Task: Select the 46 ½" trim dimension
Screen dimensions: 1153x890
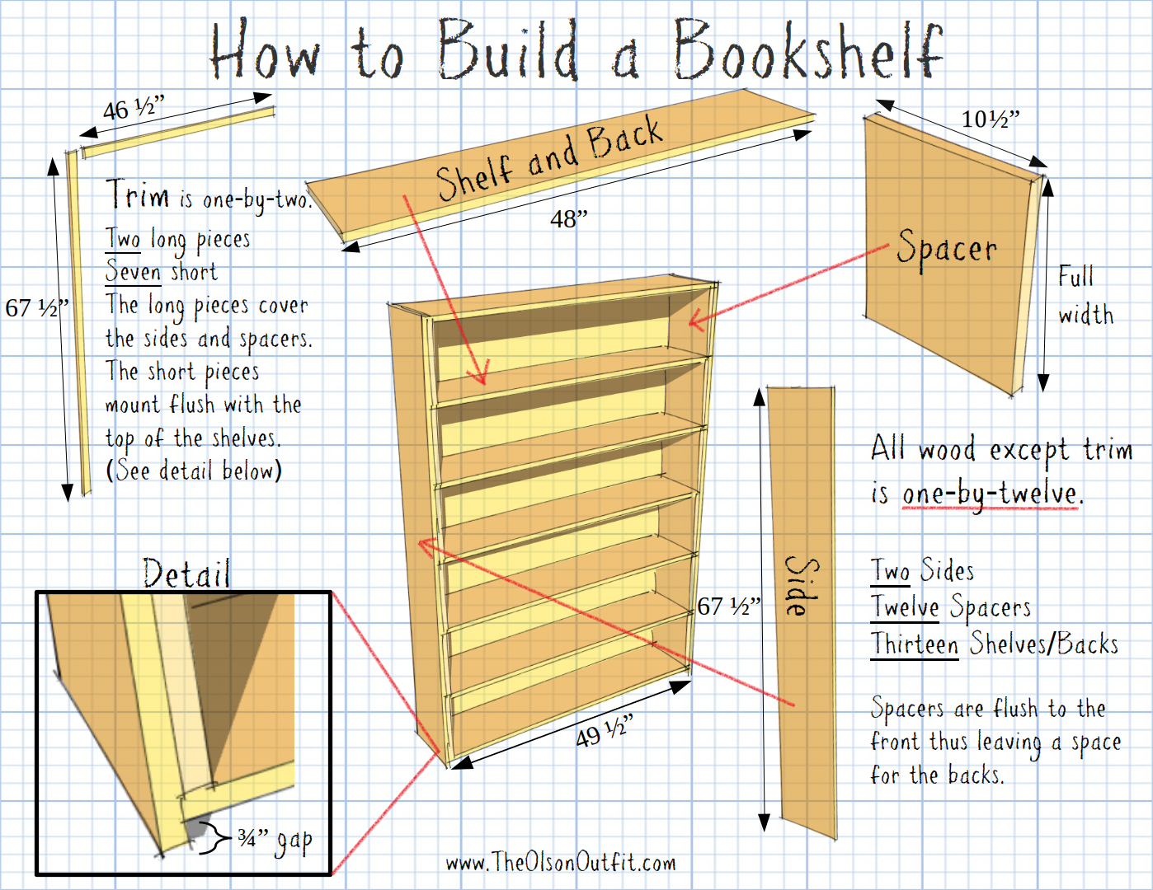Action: click(134, 108)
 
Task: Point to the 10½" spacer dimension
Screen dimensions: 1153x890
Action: click(991, 119)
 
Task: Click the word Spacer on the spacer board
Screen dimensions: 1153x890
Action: click(947, 249)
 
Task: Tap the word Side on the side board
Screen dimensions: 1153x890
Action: click(802, 586)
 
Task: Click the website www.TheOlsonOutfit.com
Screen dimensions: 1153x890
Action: click(561, 863)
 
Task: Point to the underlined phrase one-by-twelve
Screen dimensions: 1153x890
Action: click(990, 494)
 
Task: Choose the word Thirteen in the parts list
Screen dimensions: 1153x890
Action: click(914, 644)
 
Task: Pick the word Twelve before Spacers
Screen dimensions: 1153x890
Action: click(905, 607)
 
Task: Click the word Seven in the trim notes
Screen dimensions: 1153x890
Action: click(133, 271)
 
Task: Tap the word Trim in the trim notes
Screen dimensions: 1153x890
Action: click(137, 194)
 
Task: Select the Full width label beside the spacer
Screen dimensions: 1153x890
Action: click(1085, 295)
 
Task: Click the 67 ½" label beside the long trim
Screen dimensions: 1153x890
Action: click(37, 308)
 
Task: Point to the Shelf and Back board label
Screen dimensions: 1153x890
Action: click(550, 158)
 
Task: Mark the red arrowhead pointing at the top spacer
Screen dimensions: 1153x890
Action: click(696, 320)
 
